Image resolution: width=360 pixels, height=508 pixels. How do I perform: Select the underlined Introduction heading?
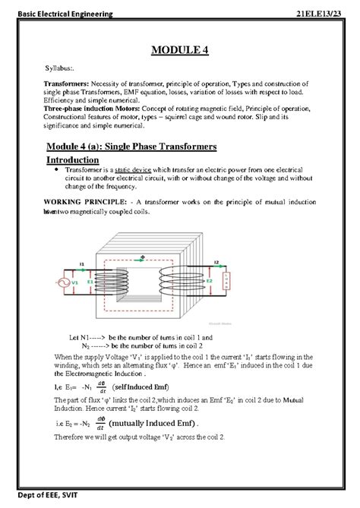coord(73,160)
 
